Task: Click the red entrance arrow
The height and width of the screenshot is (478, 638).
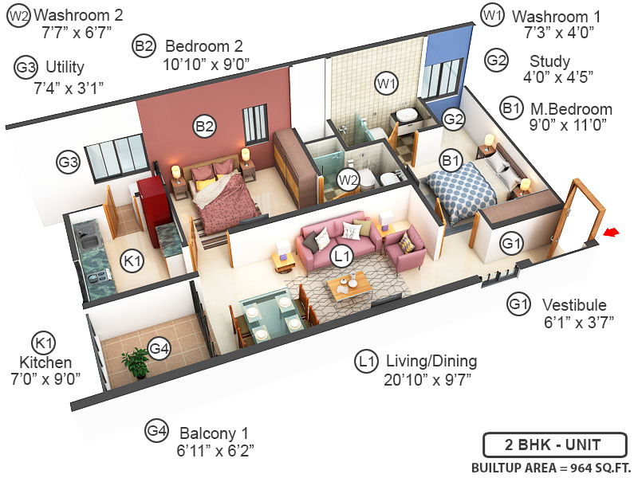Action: [x=612, y=232]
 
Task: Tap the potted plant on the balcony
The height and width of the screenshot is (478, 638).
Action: [x=137, y=363]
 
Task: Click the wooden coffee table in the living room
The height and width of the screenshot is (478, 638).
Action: [x=349, y=282]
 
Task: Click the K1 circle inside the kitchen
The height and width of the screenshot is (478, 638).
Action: [x=132, y=261]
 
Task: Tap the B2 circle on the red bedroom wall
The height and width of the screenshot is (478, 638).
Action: [x=205, y=125]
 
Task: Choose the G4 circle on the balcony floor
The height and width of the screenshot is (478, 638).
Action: [x=159, y=349]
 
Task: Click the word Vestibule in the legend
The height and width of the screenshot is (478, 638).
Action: [x=574, y=305]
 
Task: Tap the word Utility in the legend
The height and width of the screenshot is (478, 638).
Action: [x=65, y=67]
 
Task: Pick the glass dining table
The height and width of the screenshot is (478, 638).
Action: [x=271, y=315]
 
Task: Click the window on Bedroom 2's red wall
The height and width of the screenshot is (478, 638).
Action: [x=254, y=122]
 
